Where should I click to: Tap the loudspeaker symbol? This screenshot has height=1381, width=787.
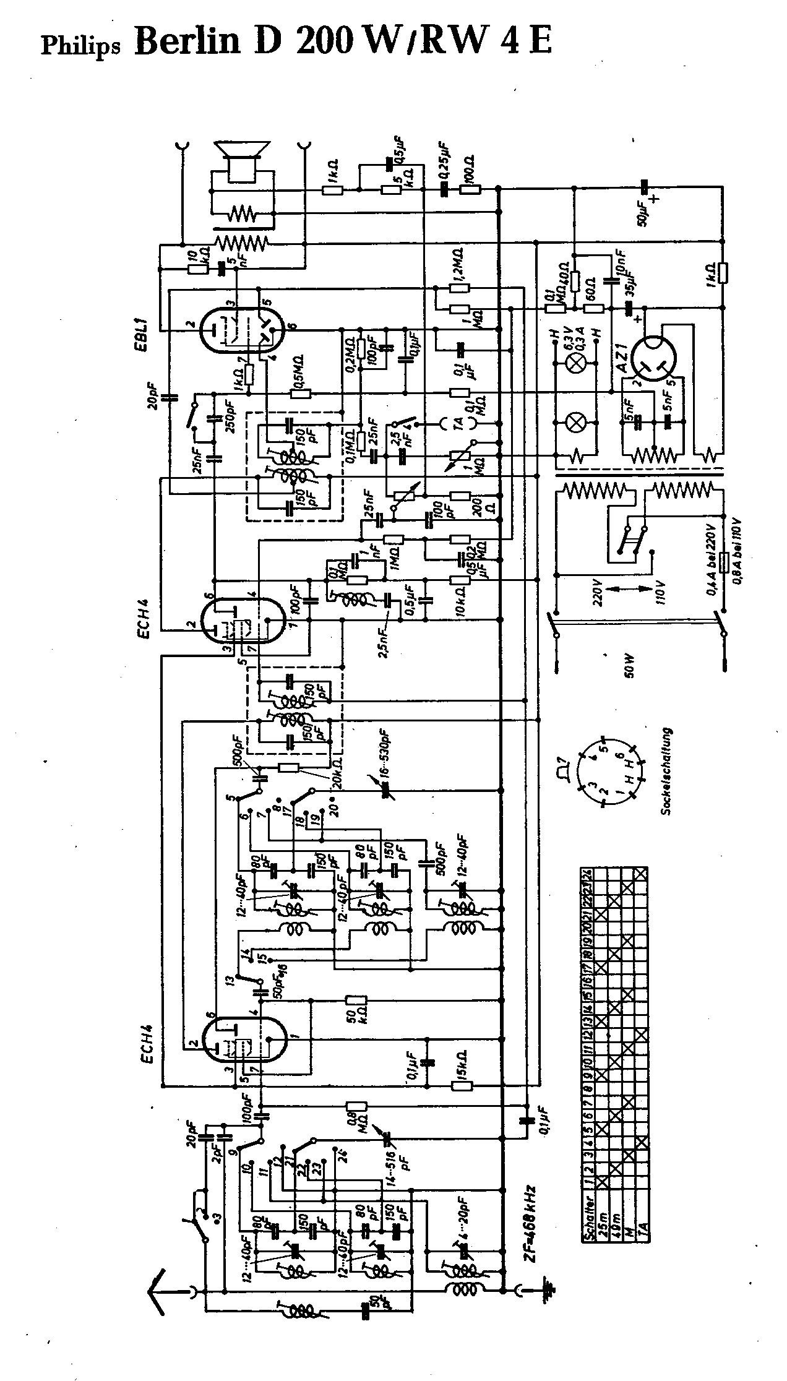point(241,160)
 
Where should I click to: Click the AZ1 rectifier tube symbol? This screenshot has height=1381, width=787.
point(653,356)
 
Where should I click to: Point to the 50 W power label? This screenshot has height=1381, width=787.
point(629,664)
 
